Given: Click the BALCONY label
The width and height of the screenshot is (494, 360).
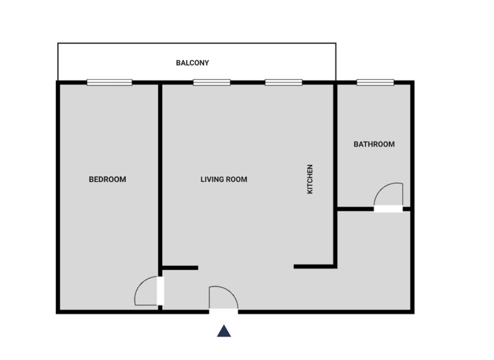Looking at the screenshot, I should (x=192, y=63).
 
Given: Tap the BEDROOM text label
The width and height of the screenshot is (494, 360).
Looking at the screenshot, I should (x=107, y=179).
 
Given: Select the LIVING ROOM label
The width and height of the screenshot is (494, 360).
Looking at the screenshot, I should (x=224, y=179).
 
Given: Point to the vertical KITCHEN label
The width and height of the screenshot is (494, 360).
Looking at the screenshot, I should (x=310, y=179).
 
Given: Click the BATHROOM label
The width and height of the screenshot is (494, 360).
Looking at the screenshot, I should (x=374, y=144).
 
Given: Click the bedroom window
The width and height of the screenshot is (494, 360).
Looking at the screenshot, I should (x=109, y=82).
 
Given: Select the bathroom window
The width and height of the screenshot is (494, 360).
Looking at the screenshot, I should (x=375, y=82).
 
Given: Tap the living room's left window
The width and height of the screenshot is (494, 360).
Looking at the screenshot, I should (x=212, y=82).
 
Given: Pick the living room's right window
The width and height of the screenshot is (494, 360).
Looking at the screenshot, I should (x=284, y=82).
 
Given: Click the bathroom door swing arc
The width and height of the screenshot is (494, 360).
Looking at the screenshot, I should (x=387, y=193).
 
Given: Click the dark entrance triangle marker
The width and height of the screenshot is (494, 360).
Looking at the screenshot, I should (x=224, y=331).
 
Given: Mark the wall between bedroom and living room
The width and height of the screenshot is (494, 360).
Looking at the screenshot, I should (x=160, y=174).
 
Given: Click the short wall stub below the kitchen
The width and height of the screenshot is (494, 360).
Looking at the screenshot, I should (x=314, y=266).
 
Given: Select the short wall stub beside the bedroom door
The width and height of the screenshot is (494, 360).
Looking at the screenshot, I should (x=179, y=267).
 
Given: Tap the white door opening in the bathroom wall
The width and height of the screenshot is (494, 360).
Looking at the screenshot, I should (x=389, y=209).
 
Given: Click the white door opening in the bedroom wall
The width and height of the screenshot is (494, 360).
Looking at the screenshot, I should (x=160, y=291).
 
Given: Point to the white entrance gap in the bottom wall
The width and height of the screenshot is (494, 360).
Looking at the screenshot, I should (x=224, y=312).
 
